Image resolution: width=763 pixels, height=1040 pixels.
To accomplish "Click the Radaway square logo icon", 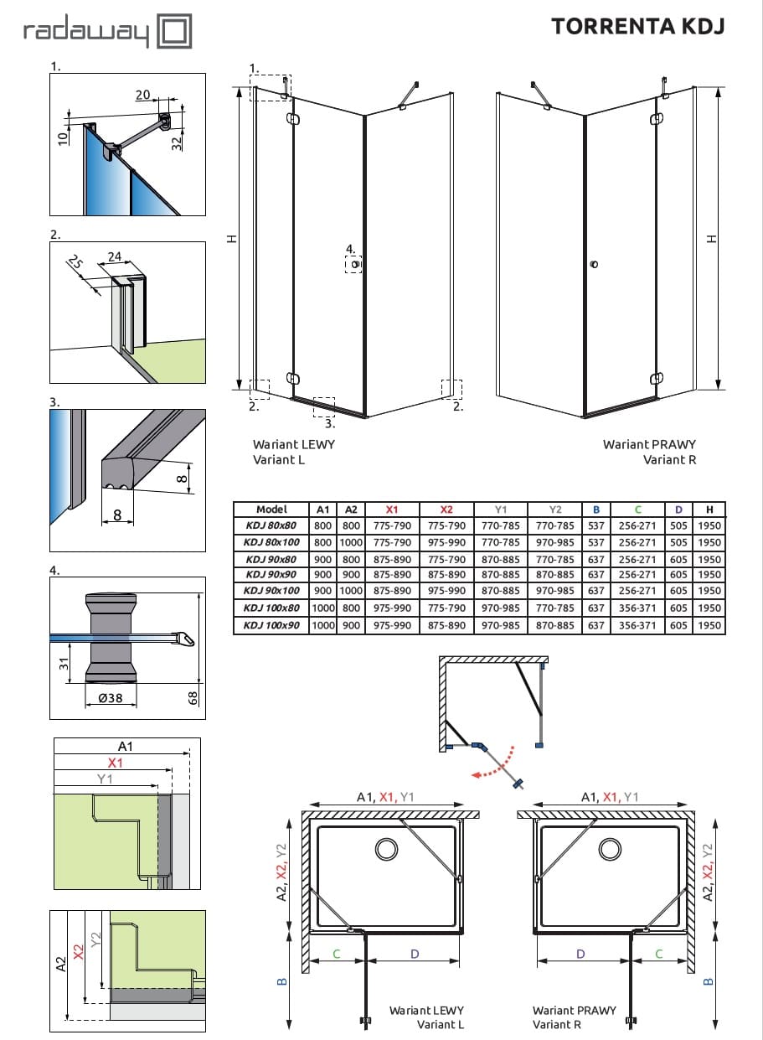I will pyautogui.click(x=175, y=33).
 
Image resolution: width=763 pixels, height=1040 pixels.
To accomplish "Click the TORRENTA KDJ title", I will pyautogui.click(x=637, y=26).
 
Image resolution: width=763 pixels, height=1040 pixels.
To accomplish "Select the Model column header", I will pyautogui.click(x=271, y=510).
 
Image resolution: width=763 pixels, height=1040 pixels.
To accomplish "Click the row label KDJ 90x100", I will pyautogui.click(x=271, y=591).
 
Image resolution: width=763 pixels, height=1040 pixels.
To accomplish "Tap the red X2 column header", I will pyautogui.click(x=446, y=510).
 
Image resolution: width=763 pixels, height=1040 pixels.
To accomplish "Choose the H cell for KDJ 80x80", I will pyautogui.click(x=709, y=526).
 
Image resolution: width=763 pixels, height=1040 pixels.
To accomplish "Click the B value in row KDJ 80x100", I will pyautogui.click(x=595, y=542).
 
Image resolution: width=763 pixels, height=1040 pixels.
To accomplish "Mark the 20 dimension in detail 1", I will pyautogui.click(x=142, y=96).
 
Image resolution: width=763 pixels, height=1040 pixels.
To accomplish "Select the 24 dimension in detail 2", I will pyautogui.click(x=115, y=257).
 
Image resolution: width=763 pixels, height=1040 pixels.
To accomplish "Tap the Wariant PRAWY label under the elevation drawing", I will pyautogui.click(x=649, y=444).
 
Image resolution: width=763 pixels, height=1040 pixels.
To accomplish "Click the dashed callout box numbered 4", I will pyautogui.click(x=353, y=265).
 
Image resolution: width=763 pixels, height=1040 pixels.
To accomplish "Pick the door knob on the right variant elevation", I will pyautogui.click(x=594, y=265).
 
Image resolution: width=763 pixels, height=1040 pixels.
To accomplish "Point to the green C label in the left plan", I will pyautogui.click(x=337, y=954).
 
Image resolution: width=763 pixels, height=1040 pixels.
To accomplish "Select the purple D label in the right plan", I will pyautogui.click(x=581, y=954).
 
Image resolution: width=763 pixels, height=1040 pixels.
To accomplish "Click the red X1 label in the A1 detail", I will pyautogui.click(x=115, y=763).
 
